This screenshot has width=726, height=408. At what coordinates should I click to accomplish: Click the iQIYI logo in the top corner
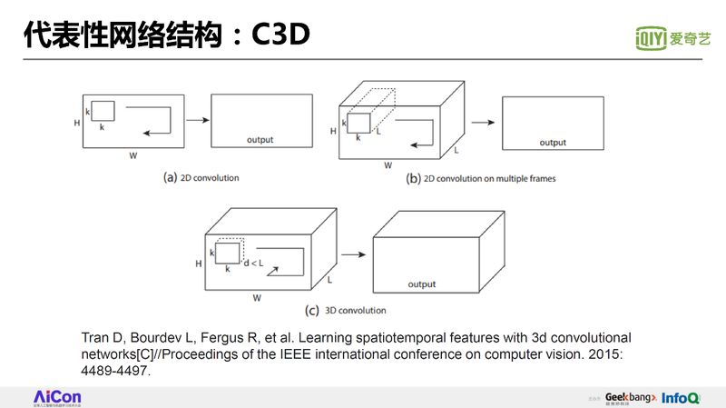click(x=672, y=38)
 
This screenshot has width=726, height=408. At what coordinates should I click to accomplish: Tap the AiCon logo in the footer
click(x=57, y=397)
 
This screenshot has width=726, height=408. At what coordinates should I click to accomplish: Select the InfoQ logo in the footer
click(x=680, y=398)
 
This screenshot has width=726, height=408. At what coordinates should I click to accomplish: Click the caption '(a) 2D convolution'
click(x=201, y=177)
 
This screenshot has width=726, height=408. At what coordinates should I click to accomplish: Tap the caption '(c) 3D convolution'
click(x=346, y=311)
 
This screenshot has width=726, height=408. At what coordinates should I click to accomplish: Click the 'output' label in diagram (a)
click(x=260, y=140)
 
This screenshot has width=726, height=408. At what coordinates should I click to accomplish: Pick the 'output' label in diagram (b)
click(x=553, y=143)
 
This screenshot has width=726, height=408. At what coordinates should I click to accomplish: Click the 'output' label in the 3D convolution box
click(x=422, y=284)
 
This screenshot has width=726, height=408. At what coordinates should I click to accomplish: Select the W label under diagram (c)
click(x=257, y=297)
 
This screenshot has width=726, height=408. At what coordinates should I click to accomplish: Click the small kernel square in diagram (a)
click(x=103, y=111)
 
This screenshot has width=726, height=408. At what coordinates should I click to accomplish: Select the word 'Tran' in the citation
click(x=95, y=337)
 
